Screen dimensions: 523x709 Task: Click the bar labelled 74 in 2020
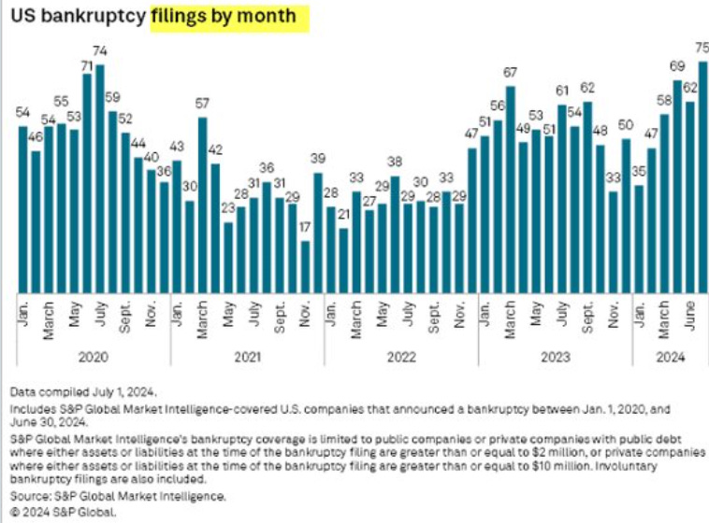click(100, 177)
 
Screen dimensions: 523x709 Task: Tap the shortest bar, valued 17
click(305, 266)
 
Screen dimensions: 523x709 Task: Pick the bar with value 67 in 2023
click(511, 188)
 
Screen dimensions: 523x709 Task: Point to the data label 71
click(87, 65)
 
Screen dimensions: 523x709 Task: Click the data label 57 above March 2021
click(202, 104)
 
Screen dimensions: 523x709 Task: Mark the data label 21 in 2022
click(343, 215)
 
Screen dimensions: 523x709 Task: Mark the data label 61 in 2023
click(561, 91)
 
